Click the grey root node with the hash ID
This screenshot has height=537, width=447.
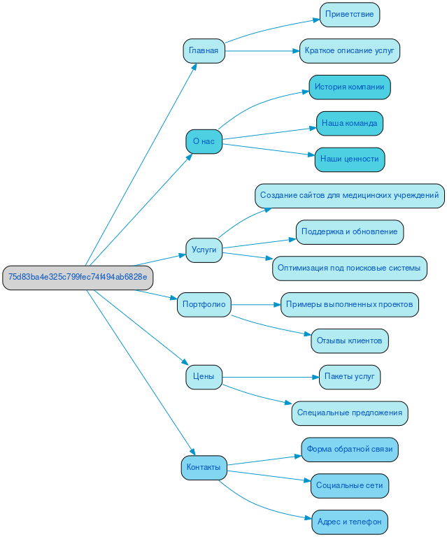pyautogui.click(x=78, y=278)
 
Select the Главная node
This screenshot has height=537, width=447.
pyautogui.click(x=204, y=51)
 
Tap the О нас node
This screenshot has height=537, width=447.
pyautogui.click(x=204, y=141)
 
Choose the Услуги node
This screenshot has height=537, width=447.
pyautogui.click(x=204, y=250)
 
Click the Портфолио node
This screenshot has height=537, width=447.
pyautogui.click(x=204, y=304)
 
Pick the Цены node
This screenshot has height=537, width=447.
pyautogui.click(x=204, y=378)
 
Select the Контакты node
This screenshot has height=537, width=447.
pyautogui.click(x=204, y=467)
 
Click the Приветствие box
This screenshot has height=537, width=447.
pyautogui.click(x=350, y=15)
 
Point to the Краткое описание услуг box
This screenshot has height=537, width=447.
pyautogui.click(x=350, y=51)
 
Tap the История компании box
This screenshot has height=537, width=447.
pyautogui.click(x=350, y=87)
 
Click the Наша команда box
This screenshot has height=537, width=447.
pyautogui.click(x=350, y=124)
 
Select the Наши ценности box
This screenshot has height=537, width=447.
pyautogui.click(x=350, y=159)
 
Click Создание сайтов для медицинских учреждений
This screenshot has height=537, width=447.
pyautogui.click(x=350, y=196)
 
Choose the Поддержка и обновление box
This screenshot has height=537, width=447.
pyautogui.click(x=350, y=232)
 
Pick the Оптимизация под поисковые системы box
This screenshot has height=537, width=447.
pyautogui.click(x=350, y=268)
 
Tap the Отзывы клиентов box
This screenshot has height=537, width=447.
pyautogui.click(x=350, y=341)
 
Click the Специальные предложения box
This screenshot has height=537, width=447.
pyautogui.click(x=350, y=413)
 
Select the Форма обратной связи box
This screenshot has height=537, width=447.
pyautogui.click(x=350, y=450)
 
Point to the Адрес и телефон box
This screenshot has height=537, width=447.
pyautogui.click(x=350, y=522)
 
